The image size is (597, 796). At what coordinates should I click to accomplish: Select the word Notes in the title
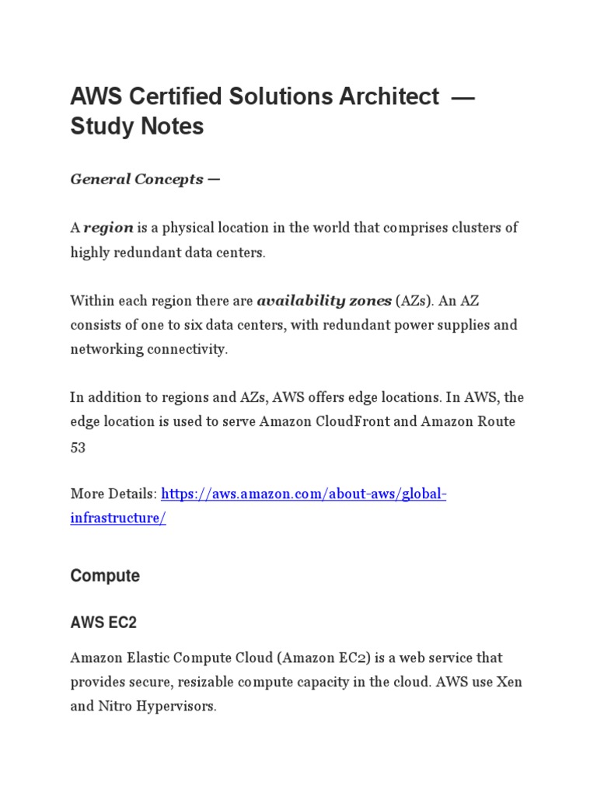point(167,126)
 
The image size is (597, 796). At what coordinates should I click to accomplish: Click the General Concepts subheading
point(145,180)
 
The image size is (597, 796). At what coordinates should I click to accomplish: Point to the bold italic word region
point(109,228)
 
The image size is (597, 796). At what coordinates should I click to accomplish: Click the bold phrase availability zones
point(323,300)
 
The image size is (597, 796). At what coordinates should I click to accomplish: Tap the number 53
point(78,447)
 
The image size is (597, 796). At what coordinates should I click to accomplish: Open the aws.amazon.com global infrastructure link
point(304,494)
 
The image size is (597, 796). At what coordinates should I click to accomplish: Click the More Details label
point(113,494)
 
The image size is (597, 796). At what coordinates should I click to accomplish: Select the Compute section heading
point(105,576)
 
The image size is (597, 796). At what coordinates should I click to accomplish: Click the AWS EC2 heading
point(103,623)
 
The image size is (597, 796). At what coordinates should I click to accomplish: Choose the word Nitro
point(115,707)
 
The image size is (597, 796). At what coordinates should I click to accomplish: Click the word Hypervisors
point(178,707)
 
